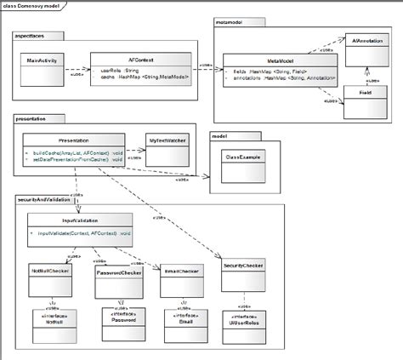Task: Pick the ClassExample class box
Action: point(241,158)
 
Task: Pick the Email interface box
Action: point(181,320)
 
